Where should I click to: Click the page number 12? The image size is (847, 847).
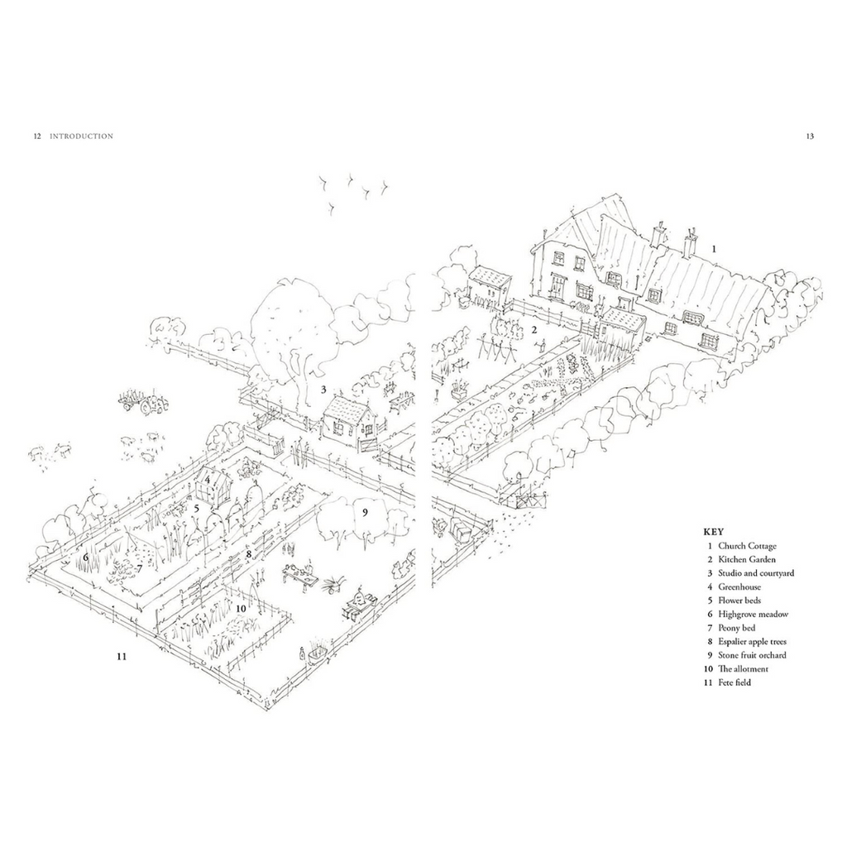[x=37, y=136]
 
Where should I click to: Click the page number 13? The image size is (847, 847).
[x=809, y=136]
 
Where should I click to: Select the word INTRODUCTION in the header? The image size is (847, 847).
[x=82, y=136]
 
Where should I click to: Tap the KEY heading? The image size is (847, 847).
[x=714, y=532]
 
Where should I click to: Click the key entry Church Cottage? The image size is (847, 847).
[x=747, y=546]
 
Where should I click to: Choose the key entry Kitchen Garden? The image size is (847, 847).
[x=747, y=559]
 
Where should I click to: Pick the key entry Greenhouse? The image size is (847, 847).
[x=739, y=586]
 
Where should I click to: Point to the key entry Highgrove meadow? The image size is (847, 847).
[x=753, y=615]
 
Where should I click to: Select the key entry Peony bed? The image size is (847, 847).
[x=736, y=628]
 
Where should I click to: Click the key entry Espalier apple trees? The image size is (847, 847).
[x=752, y=641]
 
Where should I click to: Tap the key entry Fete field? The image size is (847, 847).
[x=735, y=682]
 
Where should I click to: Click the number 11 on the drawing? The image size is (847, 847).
[x=122, y=656]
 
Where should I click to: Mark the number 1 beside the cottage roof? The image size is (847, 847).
[x=714, y=249]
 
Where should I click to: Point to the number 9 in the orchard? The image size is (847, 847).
[x=365, y=512]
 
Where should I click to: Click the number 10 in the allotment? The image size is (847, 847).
[x=241, y=609]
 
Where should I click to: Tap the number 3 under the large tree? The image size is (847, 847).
[x=323, y=389]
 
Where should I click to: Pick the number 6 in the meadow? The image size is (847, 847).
[x=85, y=555]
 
